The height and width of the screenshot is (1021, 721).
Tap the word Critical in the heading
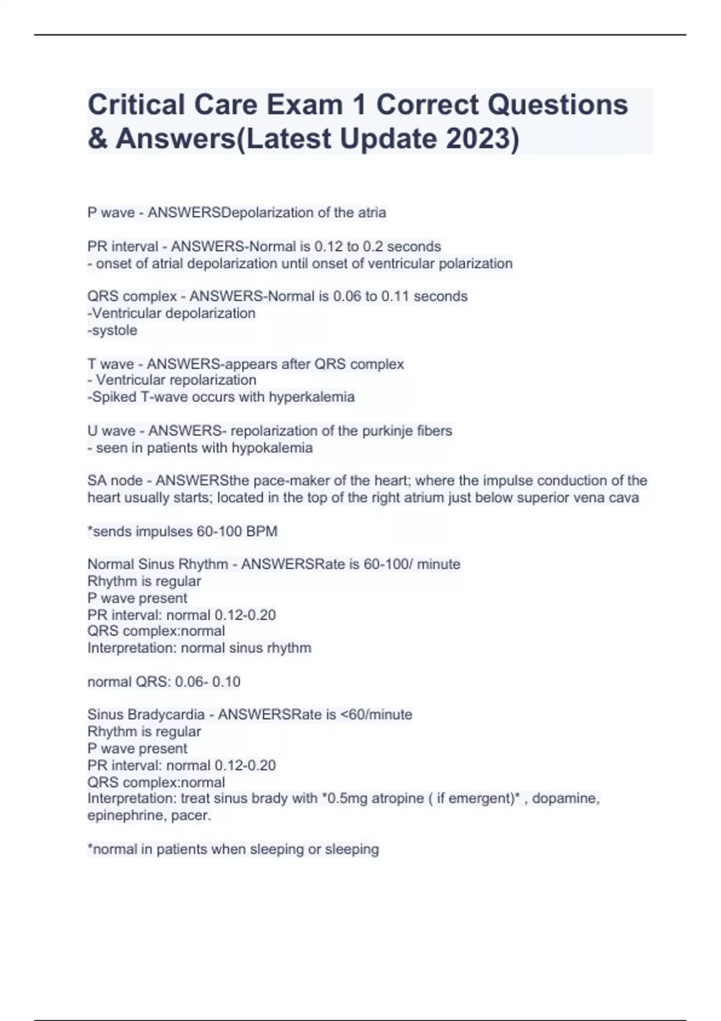pos(136,105)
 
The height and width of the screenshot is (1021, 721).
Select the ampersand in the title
pos(97,139)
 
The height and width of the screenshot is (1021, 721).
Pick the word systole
pos(114,330)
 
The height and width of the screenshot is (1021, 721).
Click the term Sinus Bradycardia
pos(146,715)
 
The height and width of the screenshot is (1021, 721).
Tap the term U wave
pos(111,431)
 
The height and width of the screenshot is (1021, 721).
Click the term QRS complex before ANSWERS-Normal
pos(132,296)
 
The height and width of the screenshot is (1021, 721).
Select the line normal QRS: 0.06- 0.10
pos(163,682)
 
